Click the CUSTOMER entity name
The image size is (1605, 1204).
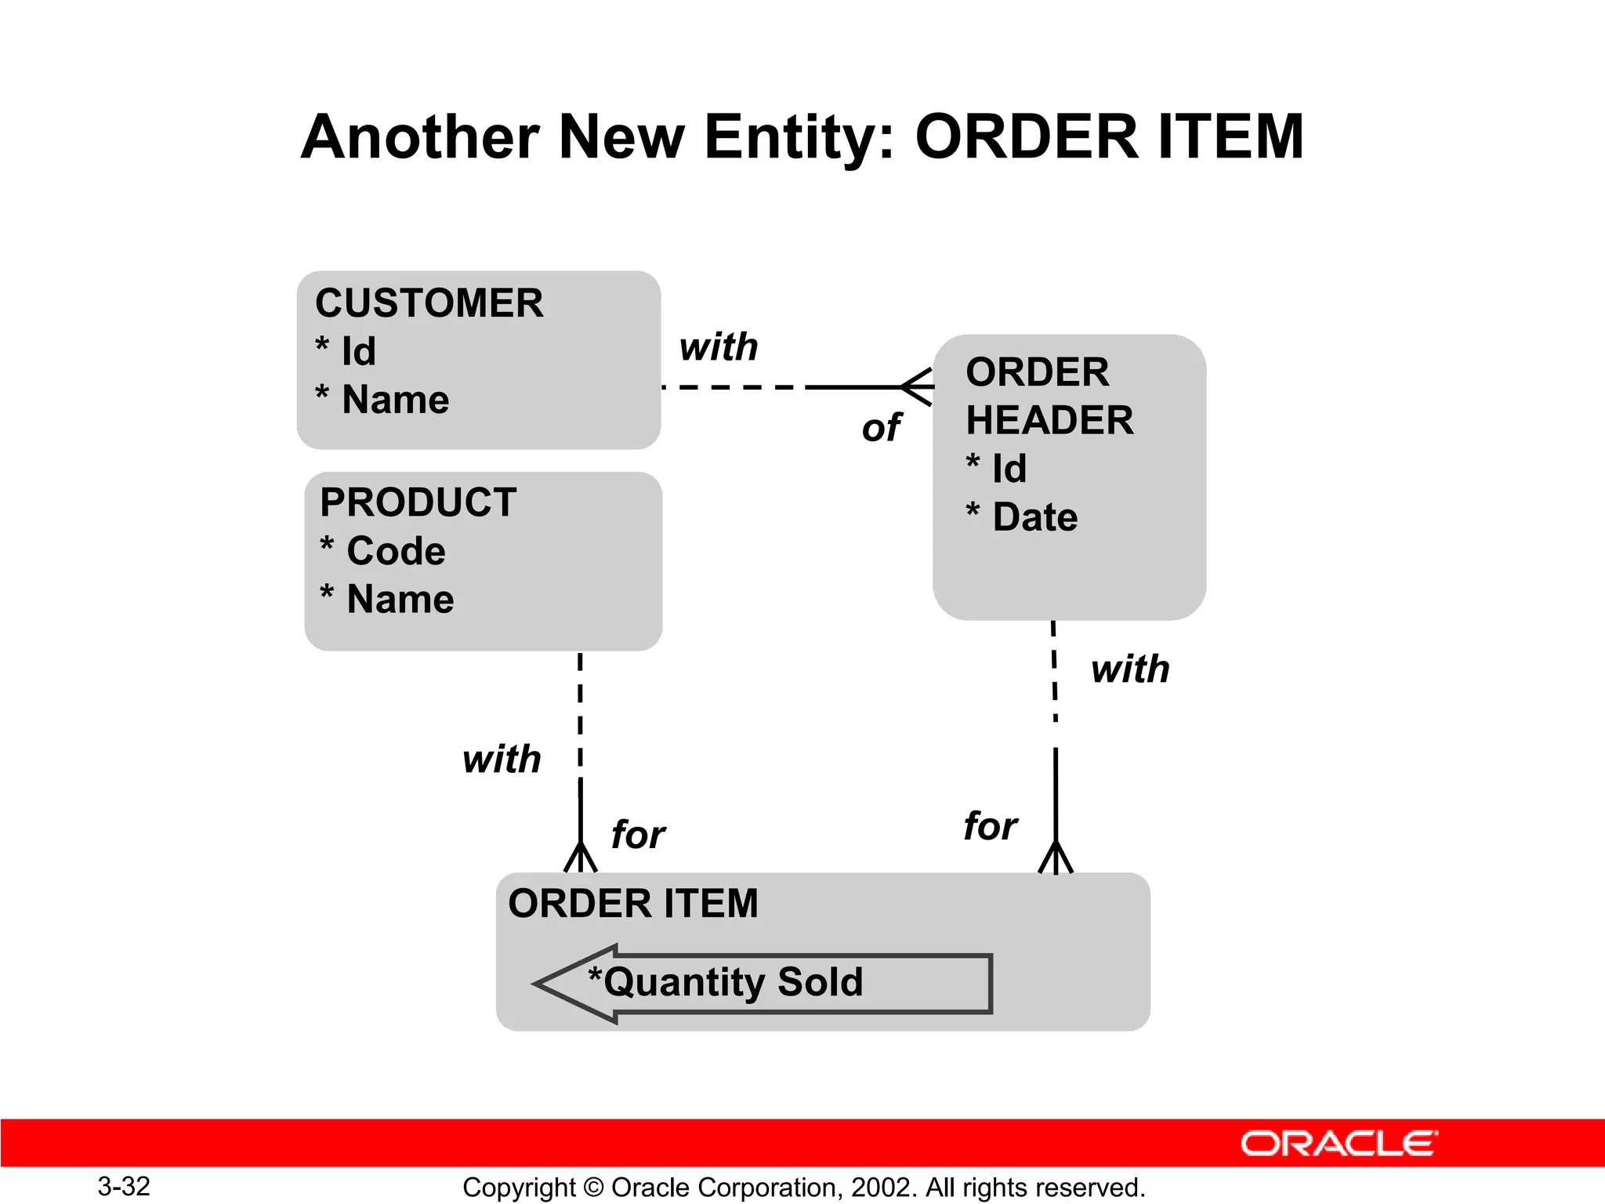(429, 303)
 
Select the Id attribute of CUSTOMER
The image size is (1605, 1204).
(358, 351)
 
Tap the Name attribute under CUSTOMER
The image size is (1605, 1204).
(395, 400)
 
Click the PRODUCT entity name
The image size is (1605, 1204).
(418, 502)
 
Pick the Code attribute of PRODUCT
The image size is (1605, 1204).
(395, 551)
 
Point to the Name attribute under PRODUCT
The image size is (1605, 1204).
(400, 600)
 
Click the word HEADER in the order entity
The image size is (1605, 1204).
(1049, 420)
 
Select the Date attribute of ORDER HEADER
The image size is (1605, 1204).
(1034, 517)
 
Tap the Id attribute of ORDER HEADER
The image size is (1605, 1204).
(1009, 469)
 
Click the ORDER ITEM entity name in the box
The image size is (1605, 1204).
(633, 903)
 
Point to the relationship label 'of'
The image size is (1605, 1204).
(881, 429)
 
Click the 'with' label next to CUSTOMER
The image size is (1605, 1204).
(719, 346)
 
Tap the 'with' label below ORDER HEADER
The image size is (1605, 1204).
(1130, 669)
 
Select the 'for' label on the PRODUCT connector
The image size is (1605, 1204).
(638, 834)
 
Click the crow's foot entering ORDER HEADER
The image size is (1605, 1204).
(917, 387)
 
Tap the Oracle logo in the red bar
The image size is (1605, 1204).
(1339, 1144)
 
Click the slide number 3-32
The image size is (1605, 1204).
(124, 1186)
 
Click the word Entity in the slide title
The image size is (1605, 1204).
(799, 137)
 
